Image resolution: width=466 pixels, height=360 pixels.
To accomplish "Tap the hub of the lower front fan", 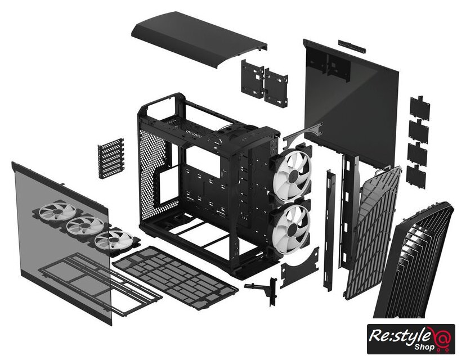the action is click(x=293, y=229).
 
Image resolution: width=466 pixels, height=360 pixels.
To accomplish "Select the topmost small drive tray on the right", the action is click(x=420, y=108).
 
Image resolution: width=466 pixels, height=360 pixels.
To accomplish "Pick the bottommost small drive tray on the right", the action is click(x=416, y=177).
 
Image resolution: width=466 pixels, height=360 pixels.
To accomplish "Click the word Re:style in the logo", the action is click(x=399, y=336).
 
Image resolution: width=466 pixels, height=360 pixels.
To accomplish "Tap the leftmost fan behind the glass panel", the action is click(x=57, y=211).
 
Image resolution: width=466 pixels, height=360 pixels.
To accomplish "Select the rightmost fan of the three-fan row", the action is click(x=114, y=240).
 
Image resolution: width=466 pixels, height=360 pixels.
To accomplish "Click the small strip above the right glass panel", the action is click(x=352, y=46).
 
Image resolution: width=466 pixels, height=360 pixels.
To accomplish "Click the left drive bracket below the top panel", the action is click(x=252, y=79).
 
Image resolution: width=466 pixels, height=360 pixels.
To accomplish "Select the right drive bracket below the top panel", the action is click(x=276, y=88).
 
